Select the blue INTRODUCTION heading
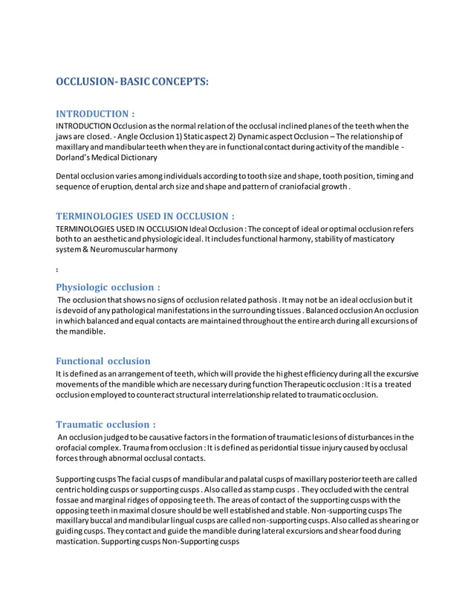[x=96, y=114]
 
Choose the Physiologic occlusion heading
[x=108, y=286]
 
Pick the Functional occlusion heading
[x=103, y=361]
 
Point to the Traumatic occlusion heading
[x=105, y=424]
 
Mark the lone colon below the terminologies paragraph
[x=58, y=269]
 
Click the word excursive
[x=401, y=373]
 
